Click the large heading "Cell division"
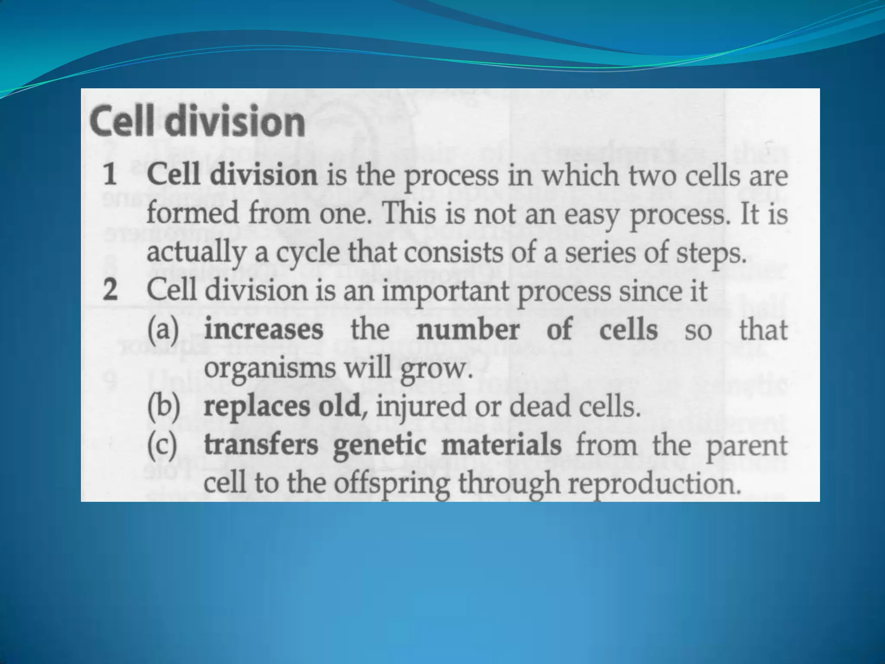coord(197,121)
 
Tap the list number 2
coord(110,290)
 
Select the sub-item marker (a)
coord(163,329)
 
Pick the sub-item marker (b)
coord(163,407)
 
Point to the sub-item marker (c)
coord(162,445)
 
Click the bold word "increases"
coord(264,329)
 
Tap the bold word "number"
coord(468,329)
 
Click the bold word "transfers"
coord(261,445)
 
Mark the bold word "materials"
coord(501,445)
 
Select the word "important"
coord(445,291)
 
